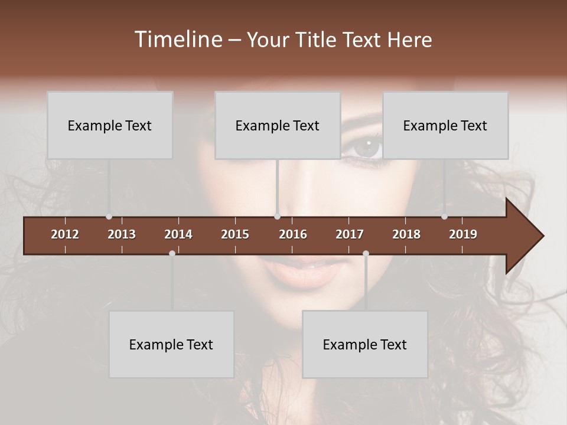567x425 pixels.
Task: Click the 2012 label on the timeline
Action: coord(65,234)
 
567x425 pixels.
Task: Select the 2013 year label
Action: coord(122,234)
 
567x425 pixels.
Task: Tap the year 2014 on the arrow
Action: coord(178,234)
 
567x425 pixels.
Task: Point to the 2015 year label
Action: coord(235,234)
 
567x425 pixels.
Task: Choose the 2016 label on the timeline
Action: coord(293,234)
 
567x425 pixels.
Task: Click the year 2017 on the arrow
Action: coord(350,234)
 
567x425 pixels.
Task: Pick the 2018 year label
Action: coord(406,234)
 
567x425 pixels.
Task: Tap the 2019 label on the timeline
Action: coord(463,234)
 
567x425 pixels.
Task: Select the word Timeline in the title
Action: coord(178,40)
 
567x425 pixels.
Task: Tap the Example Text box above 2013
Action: coord(110,125)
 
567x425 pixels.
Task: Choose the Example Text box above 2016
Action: coord(278,125)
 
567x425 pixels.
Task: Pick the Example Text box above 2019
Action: coord(445,125)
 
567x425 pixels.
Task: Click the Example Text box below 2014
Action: coord(171,344)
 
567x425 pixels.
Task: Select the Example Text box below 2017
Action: coord(365,344)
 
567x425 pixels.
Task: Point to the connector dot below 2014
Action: coord(172,253)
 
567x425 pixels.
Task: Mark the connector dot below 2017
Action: coord(366,253)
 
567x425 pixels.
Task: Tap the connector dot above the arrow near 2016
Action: coord(277,217)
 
